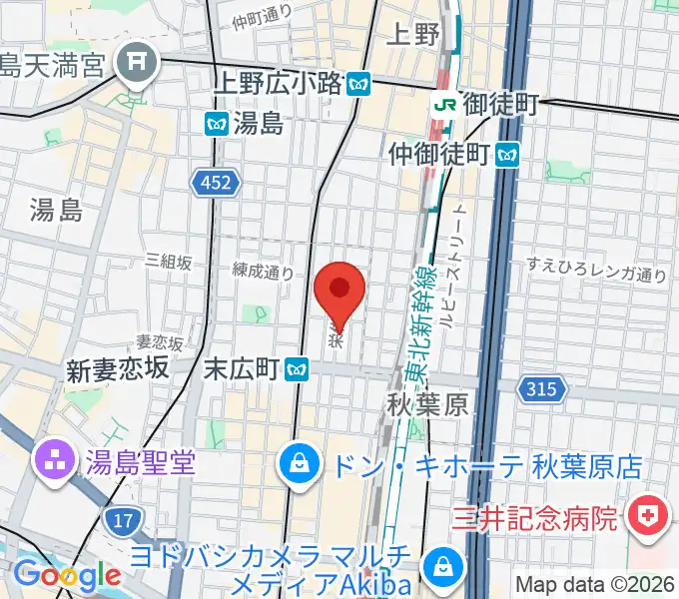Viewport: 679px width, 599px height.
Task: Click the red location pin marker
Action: [339, 291]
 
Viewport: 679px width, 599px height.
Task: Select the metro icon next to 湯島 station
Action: [216, 124]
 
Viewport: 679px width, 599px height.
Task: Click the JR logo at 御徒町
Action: [444, 103]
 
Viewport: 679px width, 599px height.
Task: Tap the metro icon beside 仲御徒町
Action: [509, 154]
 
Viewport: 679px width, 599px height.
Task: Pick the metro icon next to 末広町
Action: [295, 369]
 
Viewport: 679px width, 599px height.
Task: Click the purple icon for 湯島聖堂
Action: [49, 461]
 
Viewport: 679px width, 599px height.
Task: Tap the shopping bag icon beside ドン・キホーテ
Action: [298, 461]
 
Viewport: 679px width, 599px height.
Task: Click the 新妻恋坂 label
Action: [117, 370]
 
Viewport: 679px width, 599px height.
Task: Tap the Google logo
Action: [67, 575]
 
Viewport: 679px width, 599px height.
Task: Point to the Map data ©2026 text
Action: [595, 584]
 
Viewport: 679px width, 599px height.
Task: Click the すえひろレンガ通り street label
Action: [597, 268]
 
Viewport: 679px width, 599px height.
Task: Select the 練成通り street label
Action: [263, 271]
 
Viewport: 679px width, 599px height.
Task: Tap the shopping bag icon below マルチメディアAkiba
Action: [439, 568]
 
